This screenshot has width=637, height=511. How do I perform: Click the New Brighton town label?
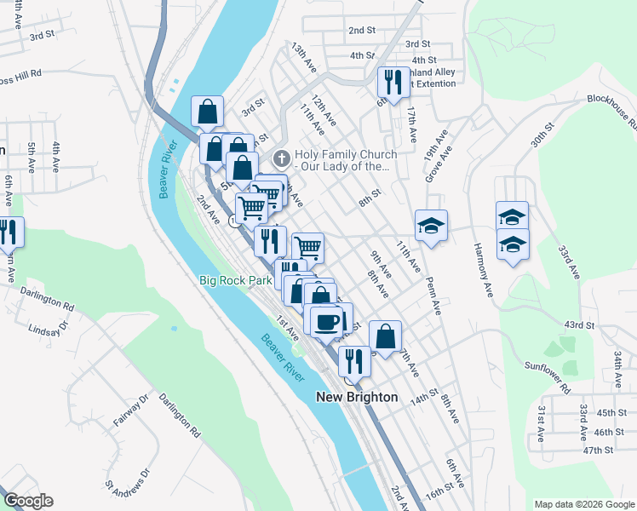click(357, 397)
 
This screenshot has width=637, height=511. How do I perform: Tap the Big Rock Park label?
click(234, 279)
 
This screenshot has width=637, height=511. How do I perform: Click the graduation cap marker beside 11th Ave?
click(431, 227)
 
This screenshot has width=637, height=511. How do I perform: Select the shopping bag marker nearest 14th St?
click(385, 336)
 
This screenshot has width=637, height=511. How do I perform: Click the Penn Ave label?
click(436, 292)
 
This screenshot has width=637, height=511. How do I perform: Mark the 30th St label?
click(542, 135)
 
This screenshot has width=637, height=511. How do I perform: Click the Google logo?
click(29, 501)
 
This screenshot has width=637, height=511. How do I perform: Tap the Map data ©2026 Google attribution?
click(583, 504)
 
